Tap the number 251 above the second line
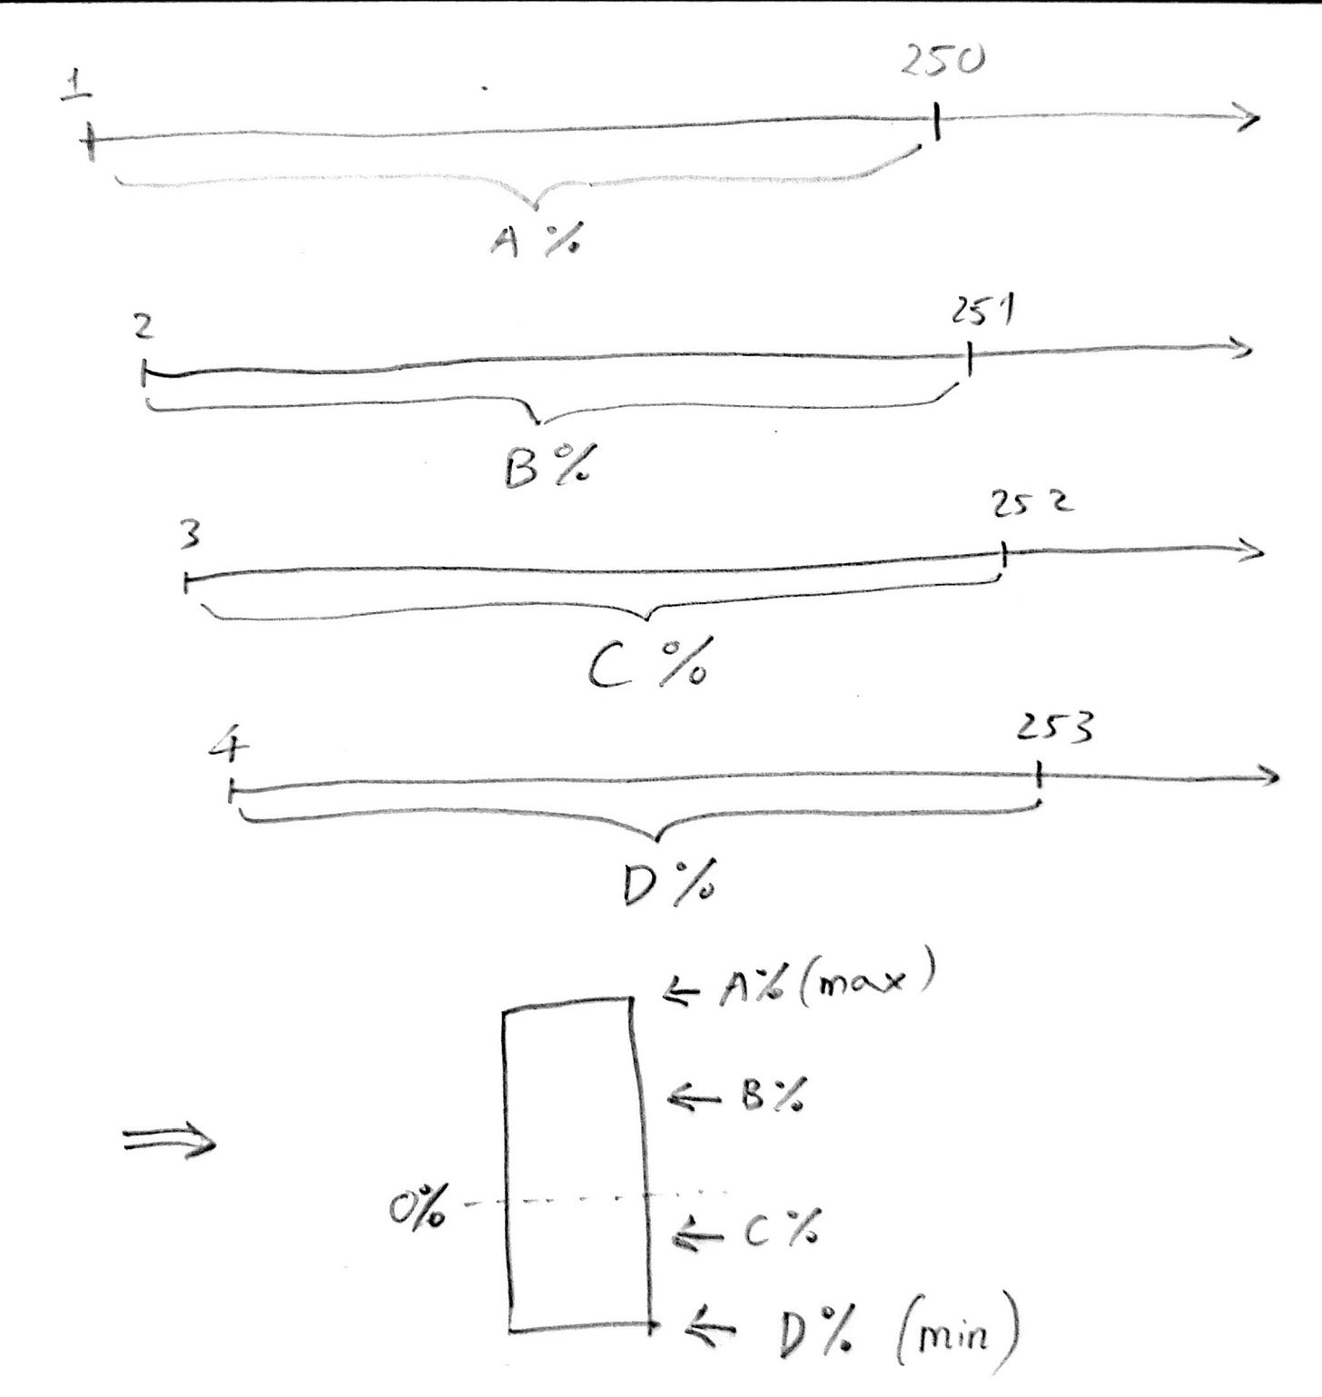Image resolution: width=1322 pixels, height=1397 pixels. (983, 314)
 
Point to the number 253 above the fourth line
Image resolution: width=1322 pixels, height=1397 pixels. (1053, 728)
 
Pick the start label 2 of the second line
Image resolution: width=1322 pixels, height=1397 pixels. (143, 328)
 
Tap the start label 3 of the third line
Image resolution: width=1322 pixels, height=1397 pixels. (189, 538)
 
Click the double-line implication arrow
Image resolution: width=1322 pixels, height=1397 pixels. (171, 1144)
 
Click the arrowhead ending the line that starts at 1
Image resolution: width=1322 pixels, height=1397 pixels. (1251, 118)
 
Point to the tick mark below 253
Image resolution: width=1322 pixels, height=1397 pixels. (1039, 778)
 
